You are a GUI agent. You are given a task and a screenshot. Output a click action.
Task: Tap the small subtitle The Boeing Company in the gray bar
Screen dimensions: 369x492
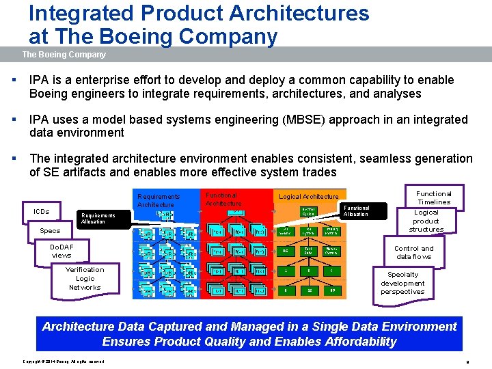(64, 55)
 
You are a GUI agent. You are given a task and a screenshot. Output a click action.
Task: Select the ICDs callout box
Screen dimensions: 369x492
(42, 211)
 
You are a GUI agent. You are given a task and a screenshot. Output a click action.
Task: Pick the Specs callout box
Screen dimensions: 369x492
(50, 231)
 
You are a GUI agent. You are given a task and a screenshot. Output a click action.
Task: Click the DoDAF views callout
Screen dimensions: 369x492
(61, 251)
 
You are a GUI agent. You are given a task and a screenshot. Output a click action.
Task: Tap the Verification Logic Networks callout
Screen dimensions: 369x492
(85, 278)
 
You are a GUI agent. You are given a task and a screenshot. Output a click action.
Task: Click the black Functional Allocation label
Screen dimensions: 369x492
(356, 211)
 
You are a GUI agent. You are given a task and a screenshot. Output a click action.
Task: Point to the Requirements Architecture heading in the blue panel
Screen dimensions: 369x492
(159, 200)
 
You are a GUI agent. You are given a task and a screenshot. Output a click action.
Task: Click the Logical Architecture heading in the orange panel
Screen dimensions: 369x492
(308, 197)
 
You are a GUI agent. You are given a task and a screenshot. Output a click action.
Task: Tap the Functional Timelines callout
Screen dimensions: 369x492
(434, 197)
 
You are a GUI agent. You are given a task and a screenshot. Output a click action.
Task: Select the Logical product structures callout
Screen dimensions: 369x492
(426, 221)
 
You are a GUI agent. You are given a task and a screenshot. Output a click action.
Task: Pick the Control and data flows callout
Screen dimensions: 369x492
(413, 252)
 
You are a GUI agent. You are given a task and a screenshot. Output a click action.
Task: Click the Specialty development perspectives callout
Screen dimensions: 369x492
(402, 283)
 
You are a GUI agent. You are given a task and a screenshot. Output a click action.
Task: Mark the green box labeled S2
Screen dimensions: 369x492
(309, 290)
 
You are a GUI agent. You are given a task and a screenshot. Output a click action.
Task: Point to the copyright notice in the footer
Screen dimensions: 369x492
(64, 361)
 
